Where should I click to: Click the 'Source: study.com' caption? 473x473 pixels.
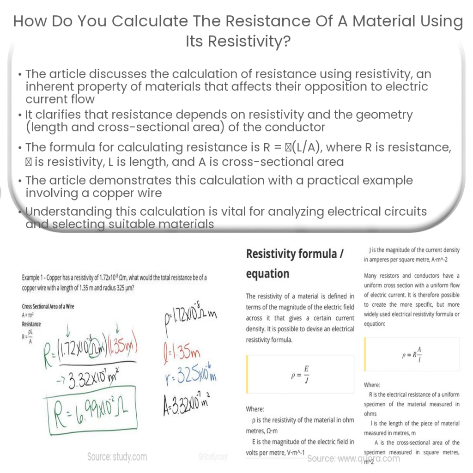coord(117,457)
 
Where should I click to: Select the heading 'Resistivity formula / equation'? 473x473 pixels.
coord(294,263)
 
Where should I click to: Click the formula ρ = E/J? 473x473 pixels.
coord(300,375)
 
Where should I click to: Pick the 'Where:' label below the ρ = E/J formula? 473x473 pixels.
coord(255,409)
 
